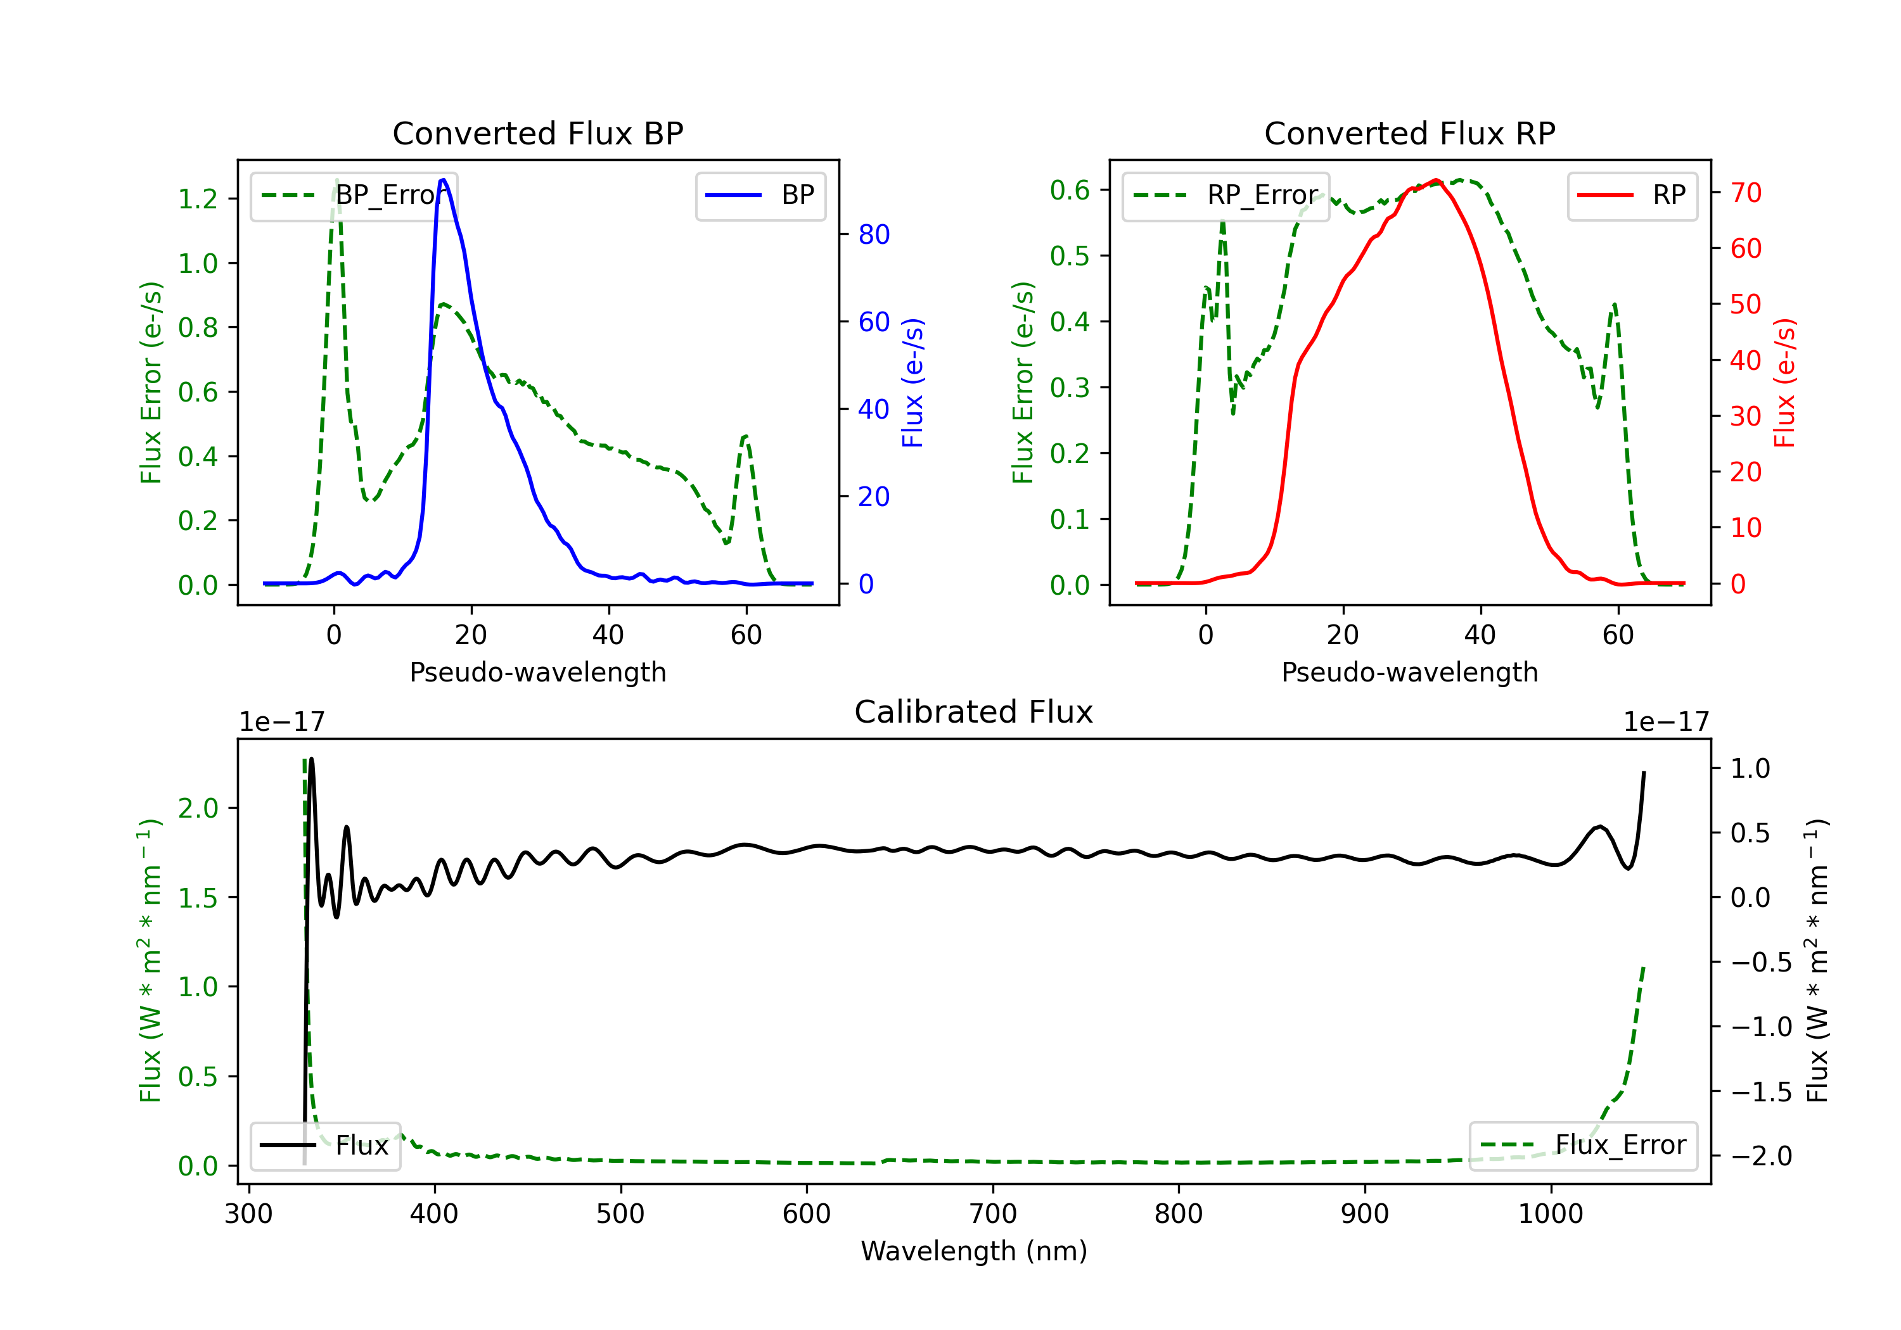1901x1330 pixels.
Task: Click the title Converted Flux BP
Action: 537,133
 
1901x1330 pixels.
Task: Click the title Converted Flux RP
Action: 1409,133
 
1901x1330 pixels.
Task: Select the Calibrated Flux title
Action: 974,712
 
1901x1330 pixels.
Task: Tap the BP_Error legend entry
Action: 354,195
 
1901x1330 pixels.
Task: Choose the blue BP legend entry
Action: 760,195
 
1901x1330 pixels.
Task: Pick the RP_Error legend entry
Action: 1226,195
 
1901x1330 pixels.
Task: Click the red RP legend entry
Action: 1632,195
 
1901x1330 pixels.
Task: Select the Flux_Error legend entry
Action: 1583,1146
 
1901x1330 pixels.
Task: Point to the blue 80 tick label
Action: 874,234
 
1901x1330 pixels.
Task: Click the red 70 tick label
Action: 1746,193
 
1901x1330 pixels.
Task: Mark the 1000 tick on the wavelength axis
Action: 1551,1214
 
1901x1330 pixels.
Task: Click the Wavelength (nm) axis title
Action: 974,1251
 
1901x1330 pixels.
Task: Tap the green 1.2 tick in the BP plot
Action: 198,199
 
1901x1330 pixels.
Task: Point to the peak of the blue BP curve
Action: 443,180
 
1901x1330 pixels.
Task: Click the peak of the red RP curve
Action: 1436,180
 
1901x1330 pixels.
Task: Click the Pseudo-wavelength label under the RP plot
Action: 1409,672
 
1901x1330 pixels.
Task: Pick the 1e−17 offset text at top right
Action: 1666,722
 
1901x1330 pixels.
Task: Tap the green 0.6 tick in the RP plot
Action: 1070,191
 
